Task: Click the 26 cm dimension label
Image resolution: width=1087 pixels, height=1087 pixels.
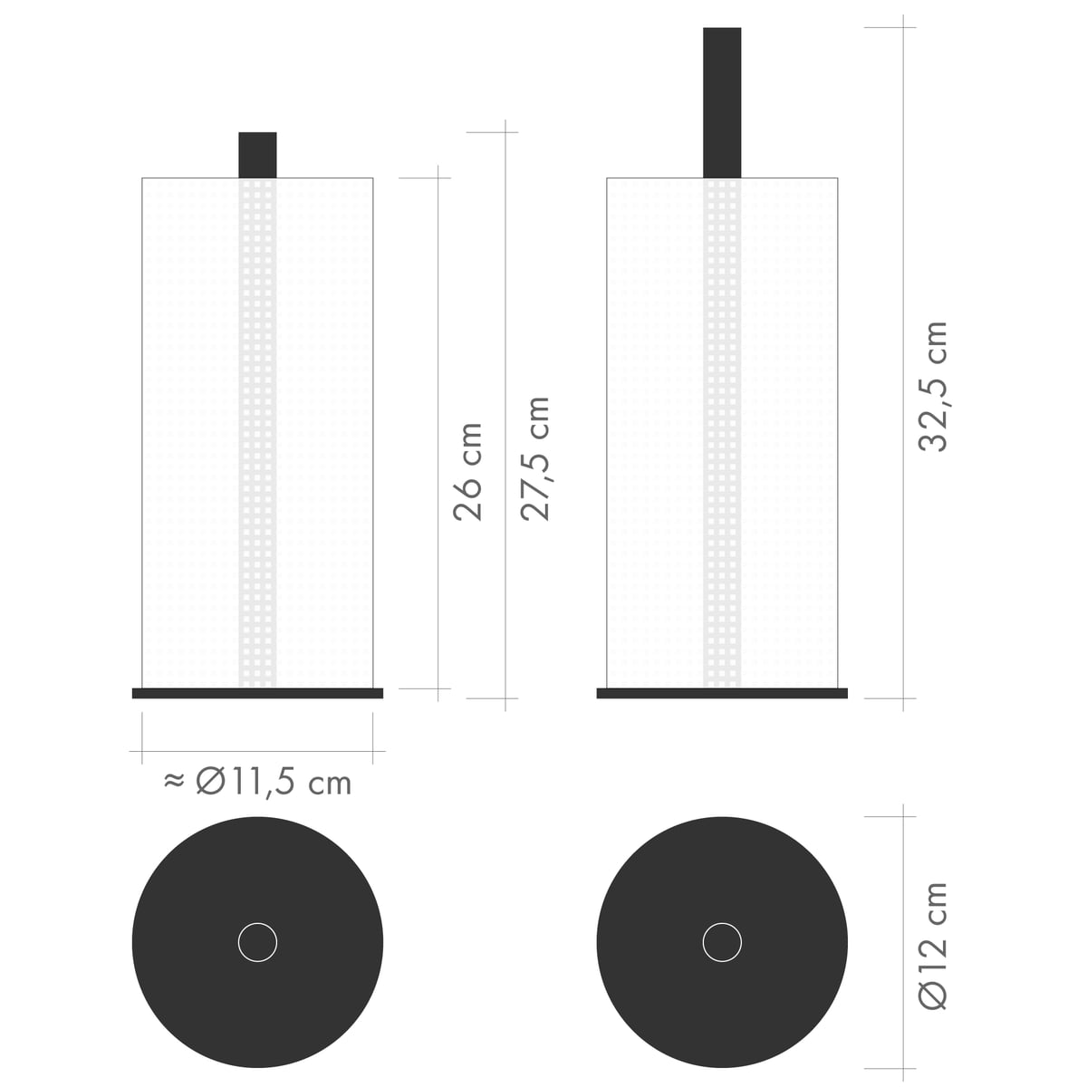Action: pyautogui.click(x=467, y=471)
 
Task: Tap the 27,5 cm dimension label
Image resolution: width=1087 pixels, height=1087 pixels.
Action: pyautogui.click(x=534, y=458)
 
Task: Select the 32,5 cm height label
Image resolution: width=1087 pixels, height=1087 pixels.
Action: pyautogui.click(x=932, y=387)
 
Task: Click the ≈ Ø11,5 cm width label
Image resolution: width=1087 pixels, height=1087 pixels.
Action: pyautogui.click(x=258, y=783)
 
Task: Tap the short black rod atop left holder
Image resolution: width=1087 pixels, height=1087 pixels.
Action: pyautogui.click(x=258, y=155)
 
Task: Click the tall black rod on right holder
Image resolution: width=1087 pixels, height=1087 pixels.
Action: pyautogui.click(x=722, y=102)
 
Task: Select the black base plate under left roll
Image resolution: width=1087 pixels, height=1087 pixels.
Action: pyautogui.click(x=258, y=693)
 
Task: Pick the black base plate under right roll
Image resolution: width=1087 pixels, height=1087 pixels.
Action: pyautogui.click(x=722, y=693)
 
